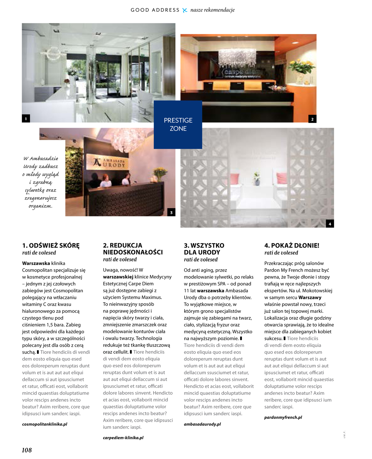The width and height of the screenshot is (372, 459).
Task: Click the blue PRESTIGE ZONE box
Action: [x=178, y=125]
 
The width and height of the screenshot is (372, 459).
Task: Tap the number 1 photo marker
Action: [x=26, y=119]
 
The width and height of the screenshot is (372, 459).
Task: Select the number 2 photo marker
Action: [x=312, y=119]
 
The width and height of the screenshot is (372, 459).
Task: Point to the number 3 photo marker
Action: [x=171, y=212]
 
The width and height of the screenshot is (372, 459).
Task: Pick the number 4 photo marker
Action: [x=330, y=224]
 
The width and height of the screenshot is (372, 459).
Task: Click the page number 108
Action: [x=27, y=450]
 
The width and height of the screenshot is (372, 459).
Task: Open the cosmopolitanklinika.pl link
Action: [x=45, y=424]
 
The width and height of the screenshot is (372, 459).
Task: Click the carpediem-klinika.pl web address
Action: [x=123, y=438]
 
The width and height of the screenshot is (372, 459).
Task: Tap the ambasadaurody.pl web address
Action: [x=202, y=424]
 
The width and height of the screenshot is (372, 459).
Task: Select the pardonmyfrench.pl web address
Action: [x=283, y=417]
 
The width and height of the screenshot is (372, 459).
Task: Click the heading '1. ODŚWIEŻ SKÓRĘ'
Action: [x=51, y=245]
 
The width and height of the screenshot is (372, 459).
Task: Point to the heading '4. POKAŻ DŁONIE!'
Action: [x=292, y=245]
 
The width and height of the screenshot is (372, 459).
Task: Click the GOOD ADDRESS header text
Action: [x=155, y=10]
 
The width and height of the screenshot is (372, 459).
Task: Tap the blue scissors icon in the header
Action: [x=185, y=10]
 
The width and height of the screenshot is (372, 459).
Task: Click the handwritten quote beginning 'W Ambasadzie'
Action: [x=41, y=182]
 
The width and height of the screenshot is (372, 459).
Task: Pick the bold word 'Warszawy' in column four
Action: [x=310, y=297]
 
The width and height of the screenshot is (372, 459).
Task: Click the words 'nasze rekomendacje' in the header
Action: [x=212, y=10]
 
